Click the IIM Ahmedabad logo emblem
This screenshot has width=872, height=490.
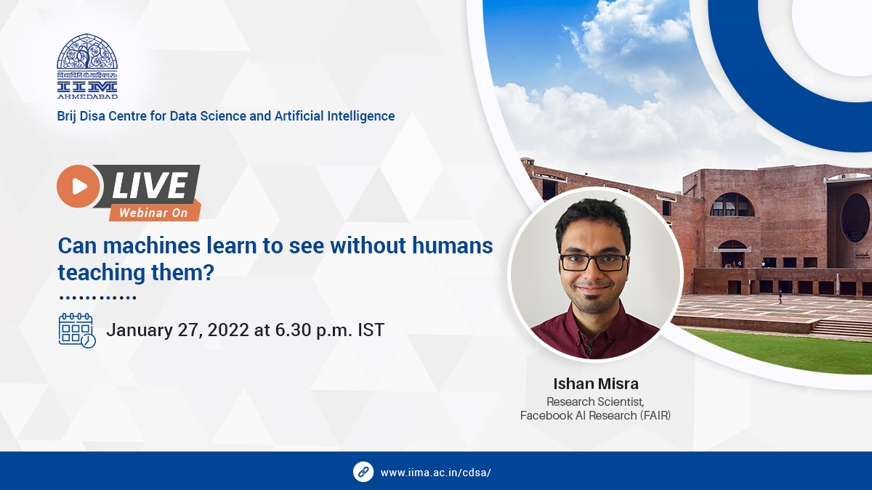87,65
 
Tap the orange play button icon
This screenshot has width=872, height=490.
78,186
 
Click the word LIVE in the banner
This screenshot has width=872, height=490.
150,187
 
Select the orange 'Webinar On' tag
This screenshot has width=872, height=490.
153,213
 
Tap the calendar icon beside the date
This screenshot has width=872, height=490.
76,330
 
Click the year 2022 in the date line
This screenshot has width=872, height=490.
227,330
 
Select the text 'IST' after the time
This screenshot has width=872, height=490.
371,330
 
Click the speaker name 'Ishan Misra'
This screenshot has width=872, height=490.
595,383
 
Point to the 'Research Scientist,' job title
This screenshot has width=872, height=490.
595,401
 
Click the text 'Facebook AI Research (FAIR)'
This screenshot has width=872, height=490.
595,416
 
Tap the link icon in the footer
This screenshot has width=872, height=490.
363,471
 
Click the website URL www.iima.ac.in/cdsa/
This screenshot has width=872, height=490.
436,472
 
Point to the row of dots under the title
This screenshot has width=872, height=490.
97,298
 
